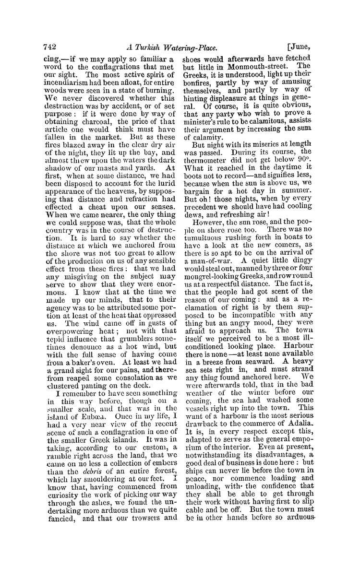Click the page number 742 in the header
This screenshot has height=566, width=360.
point(48,47)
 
